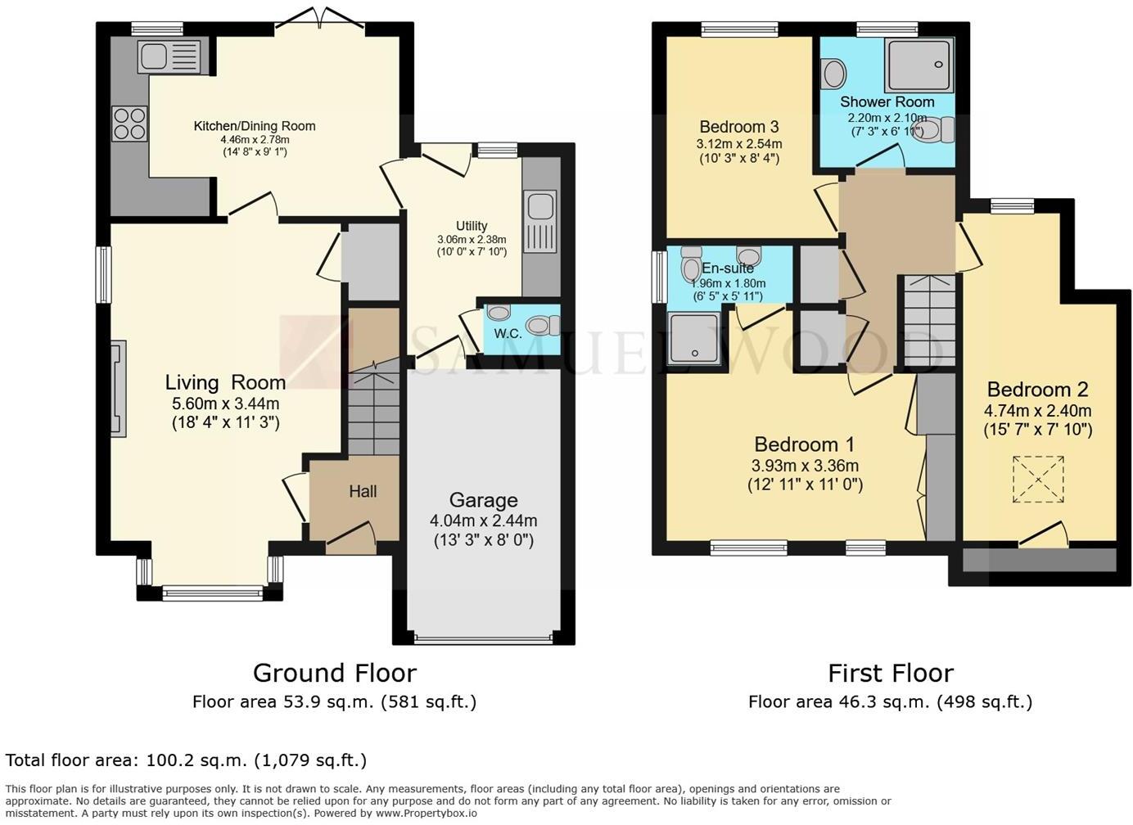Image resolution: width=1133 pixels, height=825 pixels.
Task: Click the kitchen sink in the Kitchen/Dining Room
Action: pos(169,56)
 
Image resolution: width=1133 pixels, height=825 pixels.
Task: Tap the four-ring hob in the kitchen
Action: pos(129,124)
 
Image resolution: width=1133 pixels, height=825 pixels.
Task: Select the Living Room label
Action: pos(225,382)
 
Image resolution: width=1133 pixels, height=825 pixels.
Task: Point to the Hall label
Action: pos(363,491)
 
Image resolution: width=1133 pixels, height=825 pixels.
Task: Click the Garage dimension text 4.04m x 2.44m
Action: pos(483,521)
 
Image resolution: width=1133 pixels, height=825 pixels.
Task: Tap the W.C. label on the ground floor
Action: pos(508,333)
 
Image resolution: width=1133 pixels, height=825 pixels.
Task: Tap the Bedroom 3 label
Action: pos(738,127)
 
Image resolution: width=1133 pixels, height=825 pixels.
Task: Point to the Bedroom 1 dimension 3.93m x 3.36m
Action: pos(804,466)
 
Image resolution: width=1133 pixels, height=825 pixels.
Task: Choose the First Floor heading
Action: pos(890,673)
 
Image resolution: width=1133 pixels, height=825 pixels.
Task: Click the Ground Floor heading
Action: pos(334,673)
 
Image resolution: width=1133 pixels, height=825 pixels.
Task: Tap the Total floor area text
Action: pos(186,760)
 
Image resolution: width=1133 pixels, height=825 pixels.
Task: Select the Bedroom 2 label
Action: pos(1036,390)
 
